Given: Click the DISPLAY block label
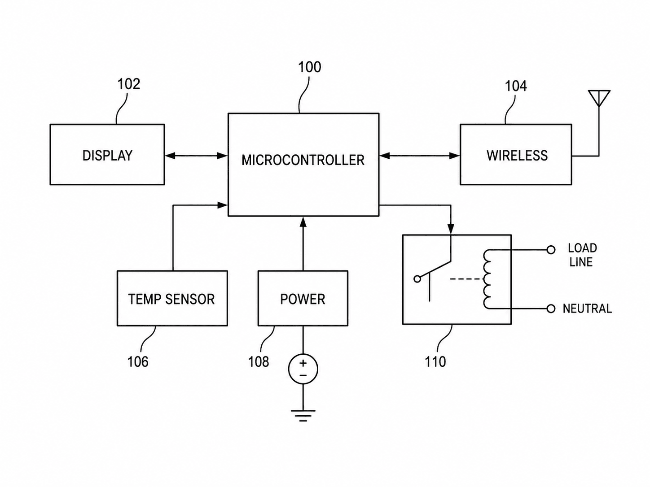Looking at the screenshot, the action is pyautogui.click(x=107, y=156).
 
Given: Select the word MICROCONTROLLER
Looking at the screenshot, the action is pyautogui.click(x=303, y=160).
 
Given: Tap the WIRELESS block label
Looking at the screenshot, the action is pyautogui.click(x=517, y=156).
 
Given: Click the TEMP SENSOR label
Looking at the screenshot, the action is pyautogui.click(x=171, y=299).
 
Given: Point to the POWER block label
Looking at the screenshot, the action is pyautogui.click(x=303, y=299).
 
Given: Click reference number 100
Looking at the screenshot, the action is pyautogui.click(x=309, y=67).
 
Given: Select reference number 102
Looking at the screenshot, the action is pyautogui.click(x=129, y=84).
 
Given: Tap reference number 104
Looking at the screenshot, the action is pyautogui.click(x=516, y=86).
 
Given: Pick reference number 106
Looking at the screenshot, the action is pyautogui.click(x=138, y=361).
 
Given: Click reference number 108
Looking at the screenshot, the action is pyautogui.click(x=259, y=361).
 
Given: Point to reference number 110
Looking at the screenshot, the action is pyautogui.click(x=435, y=361).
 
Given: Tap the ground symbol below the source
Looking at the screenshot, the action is pyautogui.click(x=303, y=415).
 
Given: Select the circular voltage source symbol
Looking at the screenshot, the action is pyautogui.click(x=303, y=369).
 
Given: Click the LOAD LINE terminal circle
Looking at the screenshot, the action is pyautogui.click(x=551, y=250).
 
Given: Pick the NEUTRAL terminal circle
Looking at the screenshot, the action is pyautogui.click(x=551, y=309).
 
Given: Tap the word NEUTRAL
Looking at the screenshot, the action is pyautogui.click(x=587, y=309).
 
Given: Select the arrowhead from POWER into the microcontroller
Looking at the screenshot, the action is pyautogui.click(x=303, y=222).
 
